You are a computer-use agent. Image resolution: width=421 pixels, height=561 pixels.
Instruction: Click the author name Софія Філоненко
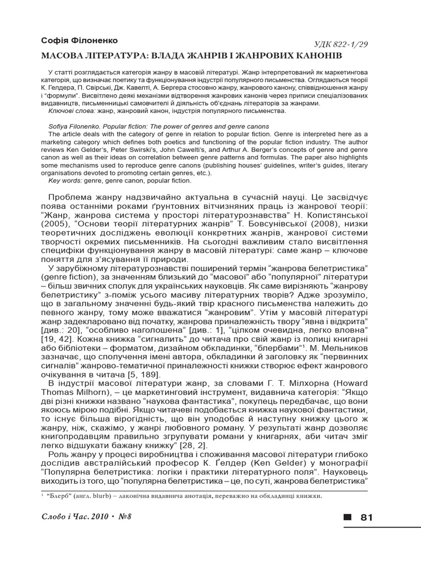click(x=79, y=41)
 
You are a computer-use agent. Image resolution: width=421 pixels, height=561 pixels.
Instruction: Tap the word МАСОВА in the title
click(x=62, y=56)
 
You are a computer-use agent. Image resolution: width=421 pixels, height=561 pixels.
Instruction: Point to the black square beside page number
click(x=347, y=517)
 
